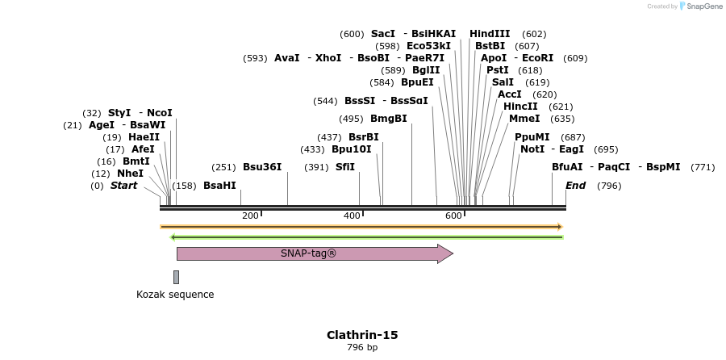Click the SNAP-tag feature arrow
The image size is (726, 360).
[x=315, y=253]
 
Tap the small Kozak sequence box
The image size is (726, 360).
[x=176, y=277]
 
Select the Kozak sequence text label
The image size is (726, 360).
[x=175, y=295]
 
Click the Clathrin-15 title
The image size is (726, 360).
[x=362, y=335]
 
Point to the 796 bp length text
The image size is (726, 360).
[x=362, y=348]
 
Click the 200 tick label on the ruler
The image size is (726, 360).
[x=250, y=216]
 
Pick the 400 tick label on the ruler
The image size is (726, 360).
[x=352, y=216]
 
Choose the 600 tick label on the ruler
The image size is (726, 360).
[x=453, y=216]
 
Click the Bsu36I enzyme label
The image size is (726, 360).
[x=262, y=167]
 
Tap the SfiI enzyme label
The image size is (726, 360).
[x=345, y=167]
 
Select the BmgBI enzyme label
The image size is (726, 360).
[x=389, y=119]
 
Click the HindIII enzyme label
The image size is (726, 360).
[x=490, y=34]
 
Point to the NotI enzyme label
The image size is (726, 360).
[x=532, y=149]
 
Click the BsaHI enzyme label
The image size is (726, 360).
[x=219, y=186]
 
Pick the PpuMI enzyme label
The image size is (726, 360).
[x=532, y=137]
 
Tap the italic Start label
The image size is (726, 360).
[x=123, y=186]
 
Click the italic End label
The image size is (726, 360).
[x=575, y=186]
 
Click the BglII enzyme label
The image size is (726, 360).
[x=423, y=70]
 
